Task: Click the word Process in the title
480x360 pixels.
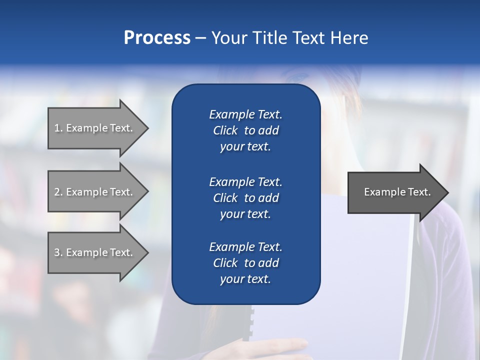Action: [x=157, y=38]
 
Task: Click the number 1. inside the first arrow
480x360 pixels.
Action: [x=58, y=128]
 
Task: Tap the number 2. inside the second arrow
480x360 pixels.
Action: [x=58, y=192]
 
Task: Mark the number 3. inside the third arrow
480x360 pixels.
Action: [x=58, y=252]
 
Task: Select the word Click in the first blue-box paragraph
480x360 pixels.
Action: [x=225, y=131]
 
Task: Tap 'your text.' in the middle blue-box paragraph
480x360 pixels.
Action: [x=245, y=214]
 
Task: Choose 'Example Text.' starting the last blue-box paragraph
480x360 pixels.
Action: [x=245, y=247]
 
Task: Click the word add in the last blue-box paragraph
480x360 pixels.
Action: [x=269, y=263]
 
